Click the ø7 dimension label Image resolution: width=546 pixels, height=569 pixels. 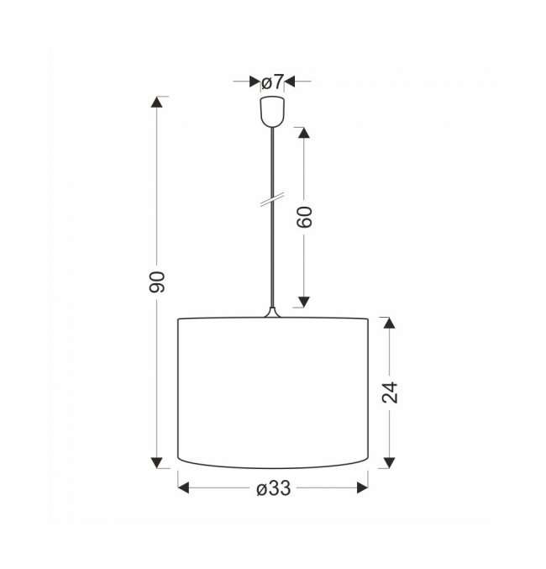271,82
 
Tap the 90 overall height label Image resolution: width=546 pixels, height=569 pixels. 157,282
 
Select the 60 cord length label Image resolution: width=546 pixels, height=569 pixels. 304,217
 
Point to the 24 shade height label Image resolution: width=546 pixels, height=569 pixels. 390,393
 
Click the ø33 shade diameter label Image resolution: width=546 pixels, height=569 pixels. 274,488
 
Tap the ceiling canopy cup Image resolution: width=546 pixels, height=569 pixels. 272,112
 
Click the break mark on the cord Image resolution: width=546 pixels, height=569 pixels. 272,199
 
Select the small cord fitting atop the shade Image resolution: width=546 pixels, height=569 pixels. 272,313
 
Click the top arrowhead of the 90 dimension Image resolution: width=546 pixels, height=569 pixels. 157,102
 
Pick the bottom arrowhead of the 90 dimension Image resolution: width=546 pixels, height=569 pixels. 157,462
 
